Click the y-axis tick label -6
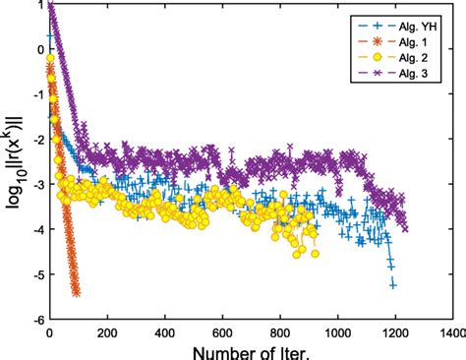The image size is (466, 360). pos(38,320)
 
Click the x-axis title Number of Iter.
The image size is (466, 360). pos(251,350)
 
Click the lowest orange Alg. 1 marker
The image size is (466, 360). pos(77,292)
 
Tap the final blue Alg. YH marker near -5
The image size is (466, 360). pos(393,284)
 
